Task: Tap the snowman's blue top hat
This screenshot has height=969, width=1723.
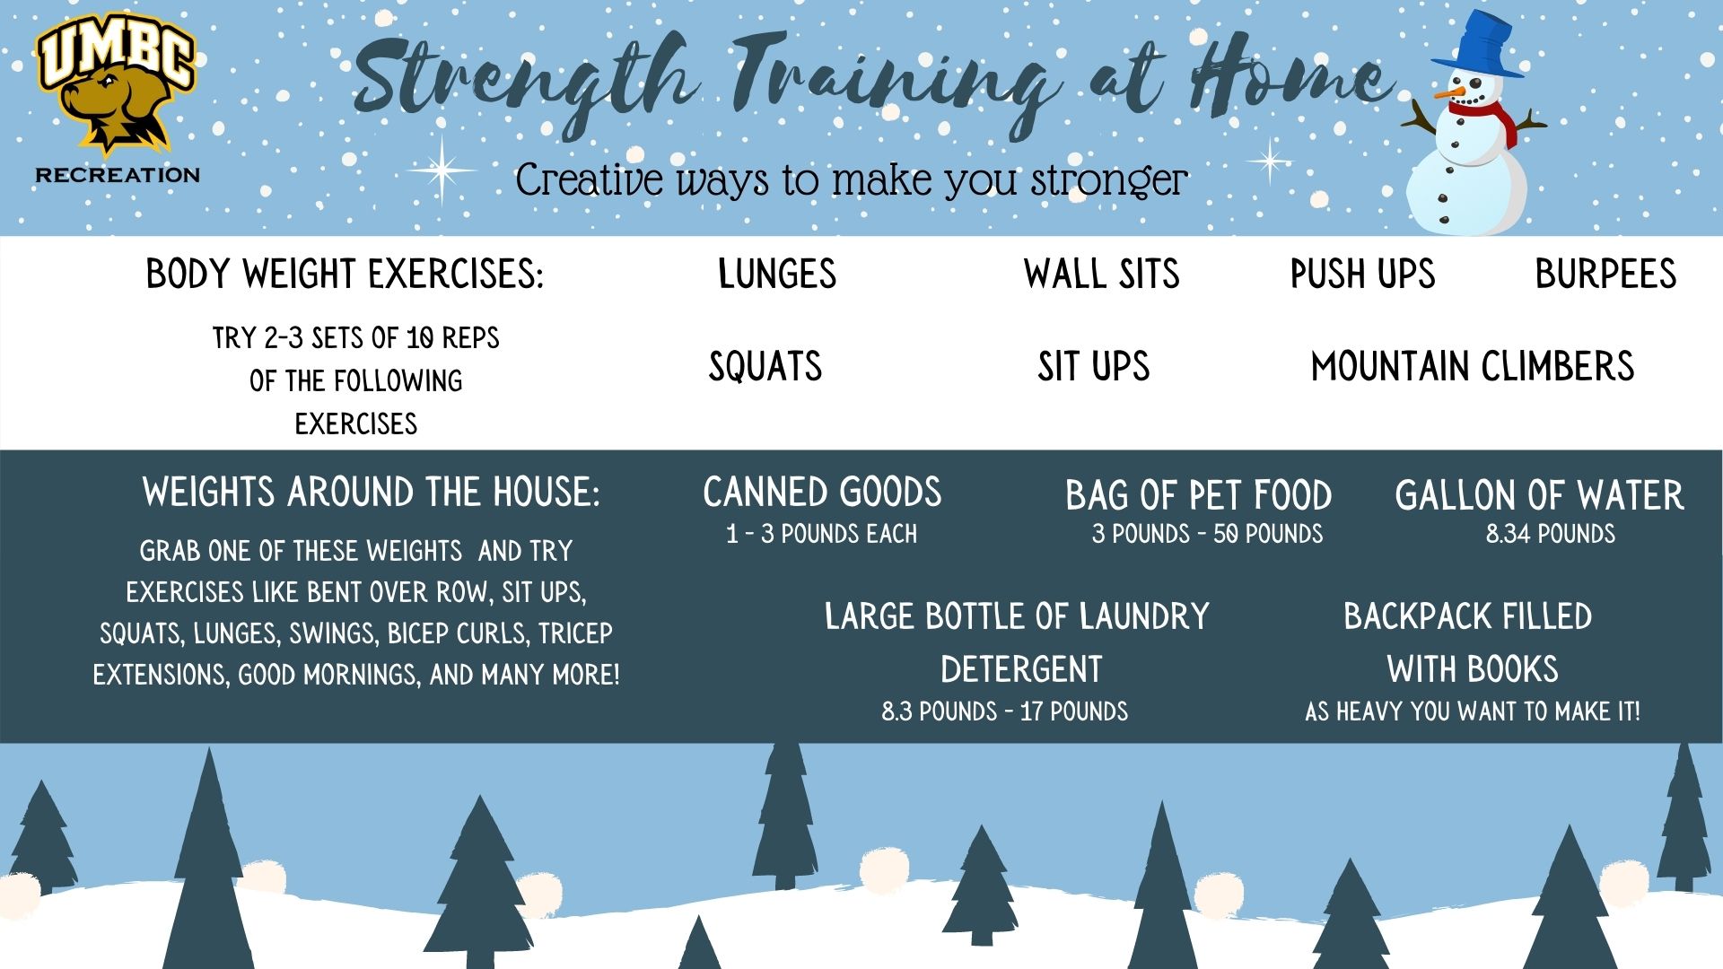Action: [x=1477, y=45]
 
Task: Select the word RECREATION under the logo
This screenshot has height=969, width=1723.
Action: [x=118, y=174]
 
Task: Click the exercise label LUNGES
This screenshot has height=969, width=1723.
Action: [x=777, y=274]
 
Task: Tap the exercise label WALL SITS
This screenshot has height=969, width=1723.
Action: [x=1102, y=274]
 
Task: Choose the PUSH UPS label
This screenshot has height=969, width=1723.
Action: [x=1362, y=274]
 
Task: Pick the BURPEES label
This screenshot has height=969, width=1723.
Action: [x=1605, y=274]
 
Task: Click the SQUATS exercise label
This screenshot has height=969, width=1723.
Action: [x=765, y=366]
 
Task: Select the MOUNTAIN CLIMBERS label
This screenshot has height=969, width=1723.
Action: [x=1473, y=366]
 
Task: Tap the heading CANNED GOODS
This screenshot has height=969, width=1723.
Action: [x=822, y=493]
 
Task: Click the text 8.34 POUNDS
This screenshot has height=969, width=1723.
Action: [x=1551, y=534]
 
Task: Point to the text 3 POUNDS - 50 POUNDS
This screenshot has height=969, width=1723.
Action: [x=1207, y=534]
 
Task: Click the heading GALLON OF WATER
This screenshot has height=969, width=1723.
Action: [x=1539, y=495]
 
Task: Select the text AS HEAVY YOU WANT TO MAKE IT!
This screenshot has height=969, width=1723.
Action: [x=1473, y=712]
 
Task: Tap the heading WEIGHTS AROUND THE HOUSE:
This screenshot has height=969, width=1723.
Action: [x=371, y=493]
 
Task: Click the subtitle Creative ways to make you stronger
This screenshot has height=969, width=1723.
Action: [x=852, y=179]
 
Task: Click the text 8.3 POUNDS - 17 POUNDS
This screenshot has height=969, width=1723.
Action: [x=1004, y=712]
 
